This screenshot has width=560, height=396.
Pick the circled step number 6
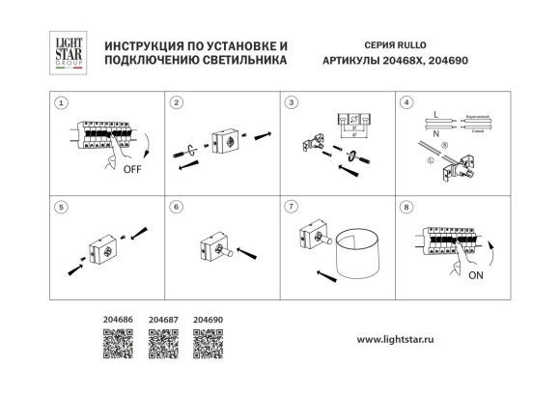(175, 207)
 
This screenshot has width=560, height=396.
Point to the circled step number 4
(406, 101)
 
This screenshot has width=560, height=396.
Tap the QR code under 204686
(116, 342)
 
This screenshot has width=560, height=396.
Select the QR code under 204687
(162, 342)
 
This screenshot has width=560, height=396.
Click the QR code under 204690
(207, 342)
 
